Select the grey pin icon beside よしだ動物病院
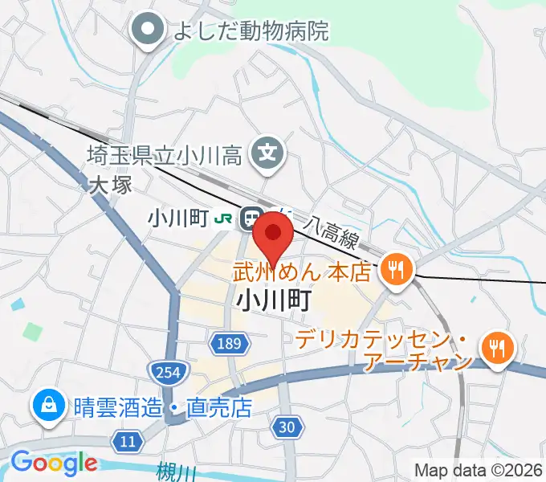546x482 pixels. coord(148,31)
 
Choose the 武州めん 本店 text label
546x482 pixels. coord(303,272)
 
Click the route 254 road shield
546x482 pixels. coord(167,370)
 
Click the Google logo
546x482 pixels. coord(53,462)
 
